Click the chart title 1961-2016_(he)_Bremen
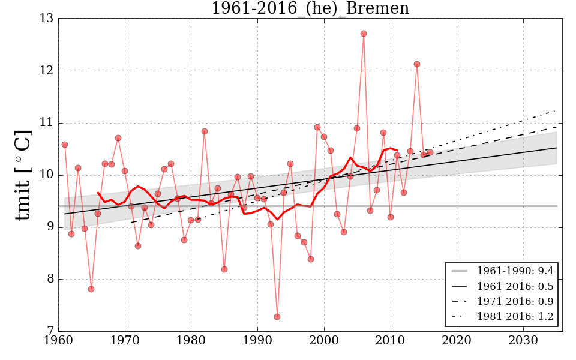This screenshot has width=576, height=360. click(310, 9)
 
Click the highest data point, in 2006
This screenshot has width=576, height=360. click(364, 34)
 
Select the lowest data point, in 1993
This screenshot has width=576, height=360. click(277, 317)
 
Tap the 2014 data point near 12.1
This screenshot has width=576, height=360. click(417, 64)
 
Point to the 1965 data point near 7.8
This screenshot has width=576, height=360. click(91, 289)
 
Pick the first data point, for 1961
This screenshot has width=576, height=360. click(65, 145)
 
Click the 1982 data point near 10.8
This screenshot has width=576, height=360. click(205, 131)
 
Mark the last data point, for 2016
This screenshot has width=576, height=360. click(430, 152)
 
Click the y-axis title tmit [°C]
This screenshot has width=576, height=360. click(23, 175)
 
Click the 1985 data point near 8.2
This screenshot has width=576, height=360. click(224, 269)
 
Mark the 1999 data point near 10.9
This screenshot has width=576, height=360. click(317, 127)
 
